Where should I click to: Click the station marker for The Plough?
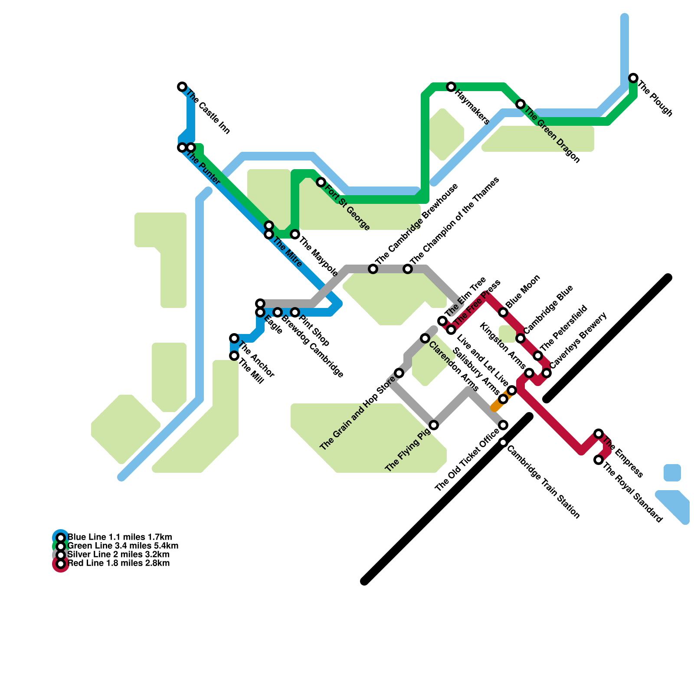coord(633,78)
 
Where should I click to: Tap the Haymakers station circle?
coord(451,87)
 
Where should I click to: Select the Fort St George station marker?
coord(321,182)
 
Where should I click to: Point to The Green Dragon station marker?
coord(520,104)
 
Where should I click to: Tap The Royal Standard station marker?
coord(599,460)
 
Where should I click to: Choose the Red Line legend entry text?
coord(119,563)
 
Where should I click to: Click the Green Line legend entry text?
coord(123,546)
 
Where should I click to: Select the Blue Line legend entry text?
coord(120,537)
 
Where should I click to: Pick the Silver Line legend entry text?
coord(119,555)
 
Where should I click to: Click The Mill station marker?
coord(234,356)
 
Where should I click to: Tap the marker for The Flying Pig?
coord(434,425)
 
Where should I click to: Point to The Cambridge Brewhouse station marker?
coord(373,269)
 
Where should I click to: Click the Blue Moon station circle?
coord(503,312)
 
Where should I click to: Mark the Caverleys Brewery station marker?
coord(547,373)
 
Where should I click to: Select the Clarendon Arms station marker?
coord(425,338)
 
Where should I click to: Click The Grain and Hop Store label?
coord(358,412)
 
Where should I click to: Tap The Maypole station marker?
coord(295,234)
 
